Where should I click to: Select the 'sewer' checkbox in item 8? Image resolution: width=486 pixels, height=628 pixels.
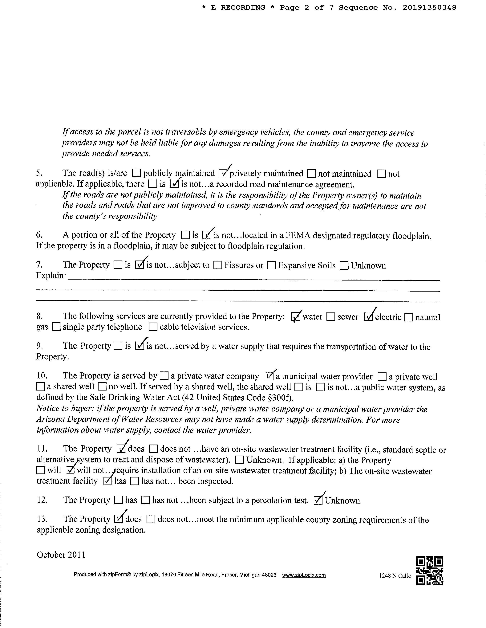coord(331,317)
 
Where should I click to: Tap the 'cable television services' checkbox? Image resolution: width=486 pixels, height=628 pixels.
coord(153,327)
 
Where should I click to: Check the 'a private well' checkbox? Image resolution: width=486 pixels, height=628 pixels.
coord(382,376)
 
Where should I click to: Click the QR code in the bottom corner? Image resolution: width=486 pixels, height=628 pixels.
coord(430,571)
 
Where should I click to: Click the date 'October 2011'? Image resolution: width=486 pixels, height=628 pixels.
coord(61,555)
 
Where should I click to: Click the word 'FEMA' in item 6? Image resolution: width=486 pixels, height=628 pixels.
coord(298,236)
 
